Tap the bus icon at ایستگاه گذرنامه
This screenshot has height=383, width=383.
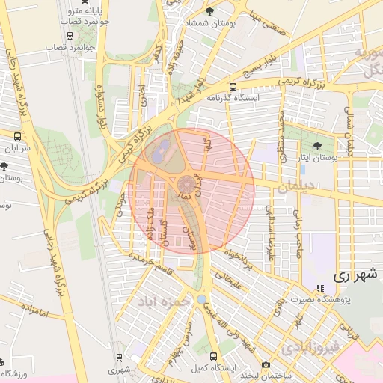click(x=233, y=87)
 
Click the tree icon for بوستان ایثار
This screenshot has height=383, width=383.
click(x=319, y=146)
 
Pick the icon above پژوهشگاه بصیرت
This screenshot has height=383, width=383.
click(x=321, y=288)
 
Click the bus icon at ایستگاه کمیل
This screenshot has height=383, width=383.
click(x=214, y=356)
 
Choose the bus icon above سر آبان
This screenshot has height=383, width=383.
click(x=18, y=136)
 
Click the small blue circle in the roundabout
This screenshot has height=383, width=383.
click(x=201, y=299)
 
